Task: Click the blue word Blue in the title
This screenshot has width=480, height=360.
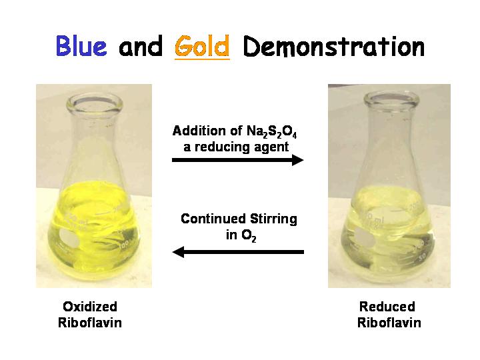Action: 81,46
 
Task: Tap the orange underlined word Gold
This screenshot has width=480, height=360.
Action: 202,47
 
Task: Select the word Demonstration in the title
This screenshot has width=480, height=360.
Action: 334,47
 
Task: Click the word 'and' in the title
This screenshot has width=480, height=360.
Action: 141,47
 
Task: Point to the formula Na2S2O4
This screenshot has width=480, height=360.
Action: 271,131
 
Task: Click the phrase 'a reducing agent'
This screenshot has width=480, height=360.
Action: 236,147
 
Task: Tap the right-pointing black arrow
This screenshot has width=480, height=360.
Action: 237,160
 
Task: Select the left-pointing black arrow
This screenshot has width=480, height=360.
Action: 238,252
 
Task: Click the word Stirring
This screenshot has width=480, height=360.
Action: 273,219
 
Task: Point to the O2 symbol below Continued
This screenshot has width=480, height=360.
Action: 249,236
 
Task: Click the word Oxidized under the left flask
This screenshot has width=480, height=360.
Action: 90,307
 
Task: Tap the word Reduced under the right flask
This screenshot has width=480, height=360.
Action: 387,307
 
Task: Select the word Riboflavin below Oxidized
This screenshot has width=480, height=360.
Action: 90,323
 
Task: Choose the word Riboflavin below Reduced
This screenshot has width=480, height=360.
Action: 389,323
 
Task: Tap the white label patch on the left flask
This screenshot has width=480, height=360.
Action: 71,239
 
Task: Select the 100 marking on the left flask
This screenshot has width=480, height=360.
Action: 124,245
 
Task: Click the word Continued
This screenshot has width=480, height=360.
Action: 213,219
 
